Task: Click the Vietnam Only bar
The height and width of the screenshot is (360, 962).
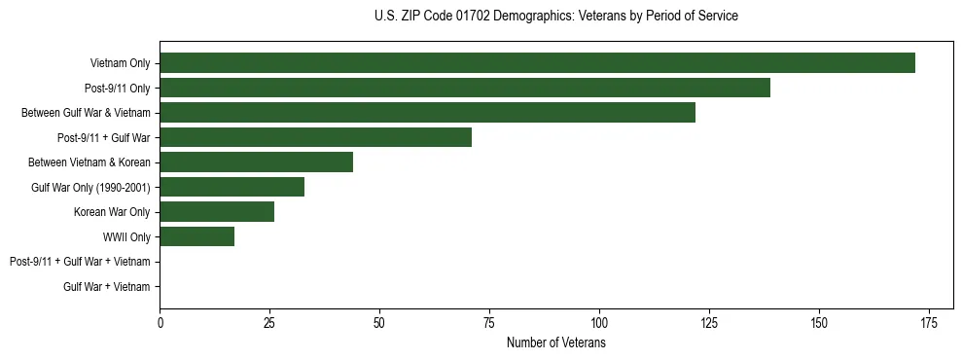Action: pyautogui.click(x=537, y=63)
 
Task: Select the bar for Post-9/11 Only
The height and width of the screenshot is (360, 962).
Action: pyautogui.click(x=465, y=88)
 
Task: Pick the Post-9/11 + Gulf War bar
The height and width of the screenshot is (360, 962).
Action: pyautogui.click(x=315, y=137)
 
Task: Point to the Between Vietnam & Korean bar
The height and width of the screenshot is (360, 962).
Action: pyautogui.click(x=256, y=162)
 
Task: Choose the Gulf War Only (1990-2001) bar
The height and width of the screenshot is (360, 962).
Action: pyautogui.click(x=232, y=187)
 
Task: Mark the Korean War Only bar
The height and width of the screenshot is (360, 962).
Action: pyautogui.click(x=217, y=212)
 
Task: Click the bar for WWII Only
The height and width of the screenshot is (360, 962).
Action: pyautogui.click(x=196, y=236)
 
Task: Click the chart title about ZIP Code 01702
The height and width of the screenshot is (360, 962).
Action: pyautogui.click(x=555, y=17)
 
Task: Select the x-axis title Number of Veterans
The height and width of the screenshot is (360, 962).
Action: pyautogui.click(x=555, y=343)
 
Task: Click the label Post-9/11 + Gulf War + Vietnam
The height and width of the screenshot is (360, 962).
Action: pyautogui.click(x=80, y=262)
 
